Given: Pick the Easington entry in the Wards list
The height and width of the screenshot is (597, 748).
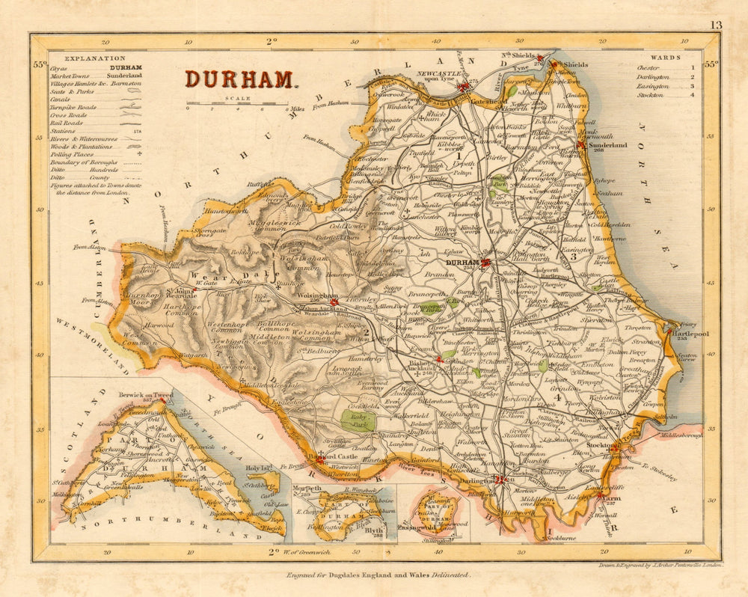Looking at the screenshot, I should point(654,86).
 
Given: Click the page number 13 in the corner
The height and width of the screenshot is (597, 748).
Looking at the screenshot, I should point(716,25).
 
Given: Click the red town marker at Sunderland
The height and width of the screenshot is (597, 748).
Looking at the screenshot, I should point(581,140).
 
